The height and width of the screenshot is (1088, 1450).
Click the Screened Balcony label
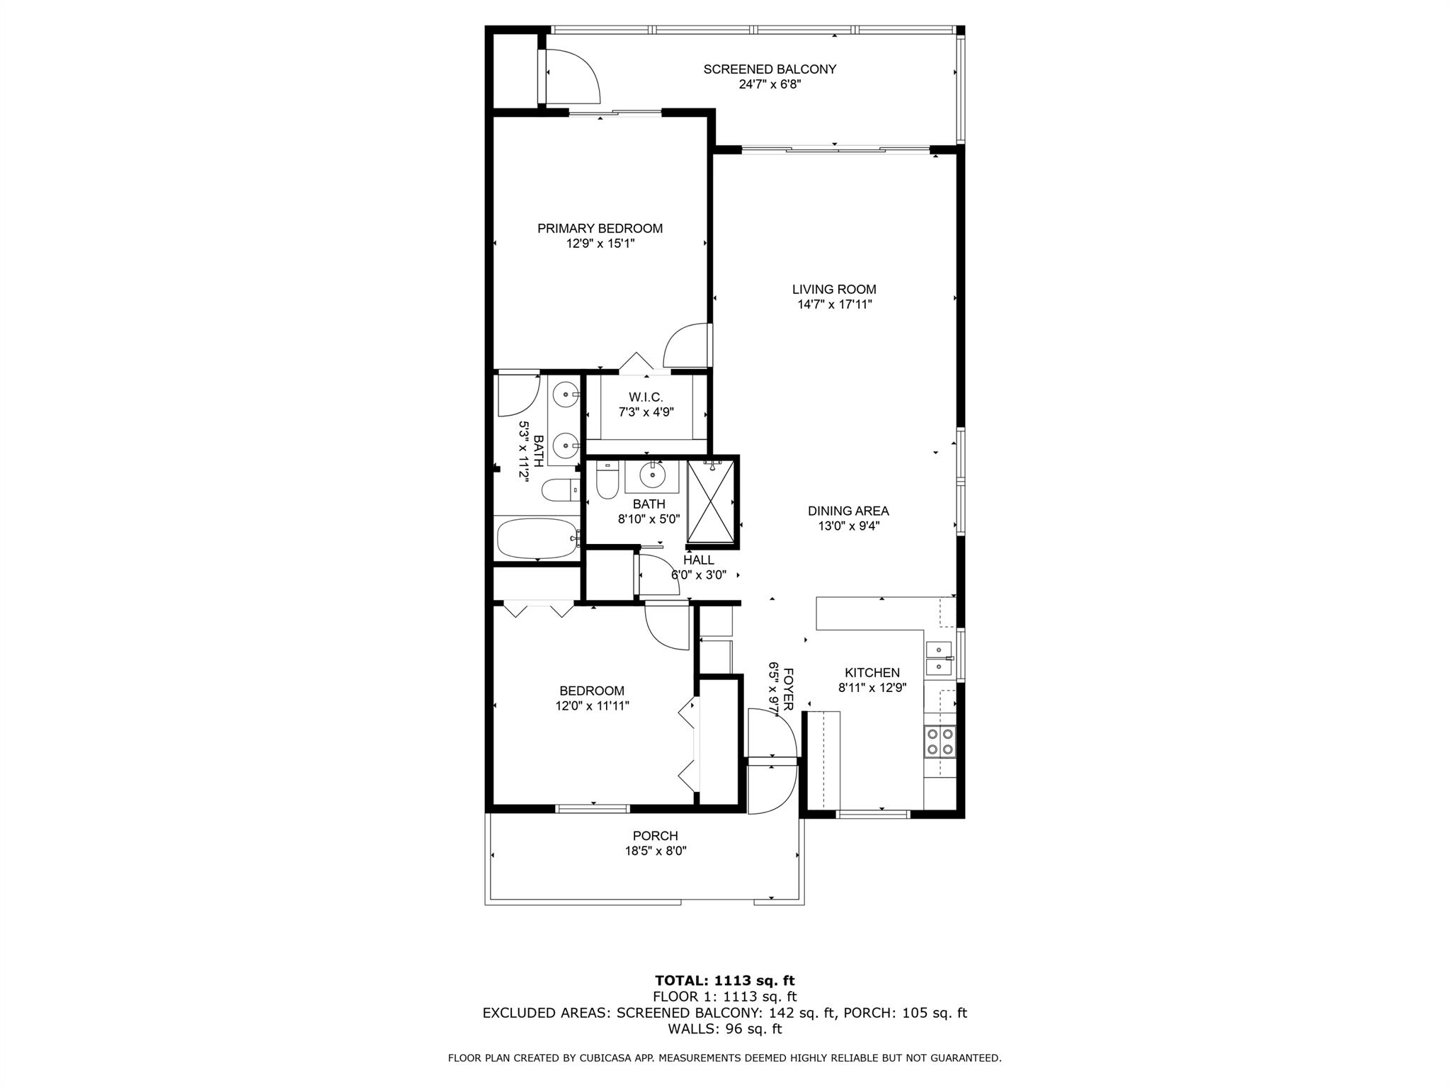770,69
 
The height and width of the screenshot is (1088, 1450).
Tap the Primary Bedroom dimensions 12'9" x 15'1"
600,244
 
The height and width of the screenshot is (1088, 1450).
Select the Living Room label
834,289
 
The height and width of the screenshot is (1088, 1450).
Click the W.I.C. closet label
646,397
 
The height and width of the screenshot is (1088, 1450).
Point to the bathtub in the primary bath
537,540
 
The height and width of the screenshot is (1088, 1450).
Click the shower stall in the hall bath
712,501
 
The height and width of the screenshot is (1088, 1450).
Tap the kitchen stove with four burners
940,742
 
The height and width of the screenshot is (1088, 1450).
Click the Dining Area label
848,511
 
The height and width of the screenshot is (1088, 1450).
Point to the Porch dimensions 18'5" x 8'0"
656,851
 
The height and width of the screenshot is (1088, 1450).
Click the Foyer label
788,686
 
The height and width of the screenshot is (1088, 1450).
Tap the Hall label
698,560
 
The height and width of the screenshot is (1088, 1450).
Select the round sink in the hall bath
651,475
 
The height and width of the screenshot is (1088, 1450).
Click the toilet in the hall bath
607,481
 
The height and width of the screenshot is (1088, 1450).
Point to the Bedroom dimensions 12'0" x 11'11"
593,705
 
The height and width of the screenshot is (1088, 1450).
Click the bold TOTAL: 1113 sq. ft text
724,980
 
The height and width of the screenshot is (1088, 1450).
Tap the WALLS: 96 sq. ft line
724,1028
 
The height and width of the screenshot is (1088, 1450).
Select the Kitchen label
872,673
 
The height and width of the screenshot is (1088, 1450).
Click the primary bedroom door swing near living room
687,346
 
